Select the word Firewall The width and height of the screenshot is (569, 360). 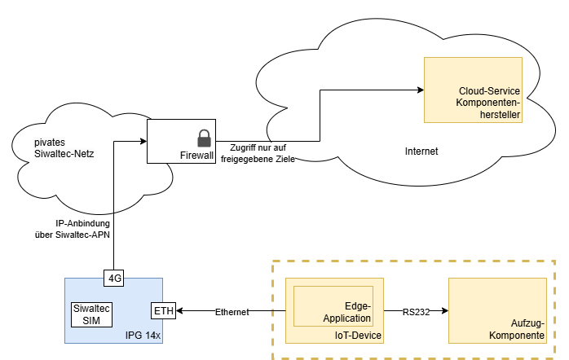click(196, 155)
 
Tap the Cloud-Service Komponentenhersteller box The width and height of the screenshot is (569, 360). click(472, 90)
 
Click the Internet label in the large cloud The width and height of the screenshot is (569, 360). click(421, 151)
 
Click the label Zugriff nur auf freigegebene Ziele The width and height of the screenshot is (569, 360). click(258, 153)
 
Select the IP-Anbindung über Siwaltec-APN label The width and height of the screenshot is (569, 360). click(73, 229)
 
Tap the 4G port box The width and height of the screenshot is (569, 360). click(115, 278)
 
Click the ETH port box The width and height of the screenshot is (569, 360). click(163, 311)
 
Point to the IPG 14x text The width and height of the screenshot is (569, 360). click(143, 335)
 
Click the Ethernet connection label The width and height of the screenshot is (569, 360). click(232, 312)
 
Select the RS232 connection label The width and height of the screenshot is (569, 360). click(416, 311)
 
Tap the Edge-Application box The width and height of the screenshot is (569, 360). click(333, 305)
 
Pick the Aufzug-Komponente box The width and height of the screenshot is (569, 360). click(497, 310)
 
